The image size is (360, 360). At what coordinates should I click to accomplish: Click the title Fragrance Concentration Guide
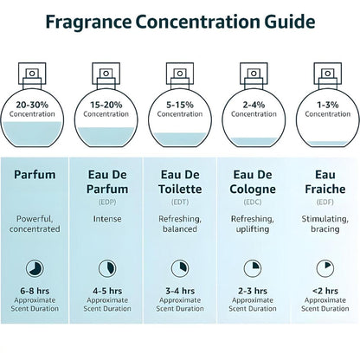(180, 21)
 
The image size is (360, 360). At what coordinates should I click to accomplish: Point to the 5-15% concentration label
(181, 106)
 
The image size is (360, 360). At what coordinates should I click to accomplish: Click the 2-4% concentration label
(253, 106)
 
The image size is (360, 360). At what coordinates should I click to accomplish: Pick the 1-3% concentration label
(324, 106)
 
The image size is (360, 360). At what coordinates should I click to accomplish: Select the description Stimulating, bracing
(324, 225)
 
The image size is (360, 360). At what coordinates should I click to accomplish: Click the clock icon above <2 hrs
(324, 267)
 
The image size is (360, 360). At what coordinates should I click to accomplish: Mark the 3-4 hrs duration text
(181, 292)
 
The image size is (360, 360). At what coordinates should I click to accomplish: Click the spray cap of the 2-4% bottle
(253, 70)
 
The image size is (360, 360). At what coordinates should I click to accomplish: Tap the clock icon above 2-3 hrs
(253, 267)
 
